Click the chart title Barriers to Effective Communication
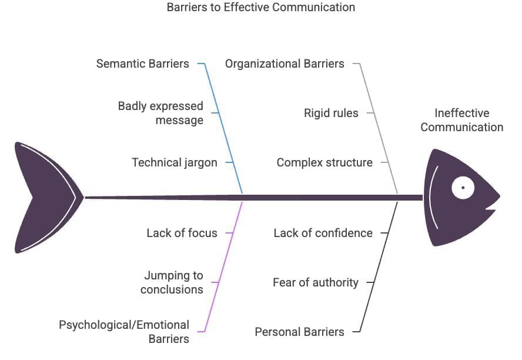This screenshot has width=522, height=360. [x=261, y=8]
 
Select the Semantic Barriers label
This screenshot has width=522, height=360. [x=143, y=64]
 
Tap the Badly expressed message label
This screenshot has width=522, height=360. [x=160, y=113]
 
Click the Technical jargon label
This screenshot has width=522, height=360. [x=175, y=162]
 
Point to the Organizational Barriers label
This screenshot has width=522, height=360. [x=285, y=64]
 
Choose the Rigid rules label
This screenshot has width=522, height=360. [x=331, y=113]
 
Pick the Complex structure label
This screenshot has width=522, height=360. [x=324, y=162]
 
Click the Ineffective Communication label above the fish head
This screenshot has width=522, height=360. [x=461, y=120]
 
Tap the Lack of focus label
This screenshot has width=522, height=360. [x=182, y=233]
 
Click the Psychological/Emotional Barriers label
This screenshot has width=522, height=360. [x=124, y=332]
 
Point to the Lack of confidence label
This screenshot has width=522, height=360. [x=323, y=233]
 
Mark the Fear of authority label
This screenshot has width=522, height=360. [x=315, y=282]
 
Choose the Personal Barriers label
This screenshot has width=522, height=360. [x=299, y=332]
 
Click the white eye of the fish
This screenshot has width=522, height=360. [x=463, y=188]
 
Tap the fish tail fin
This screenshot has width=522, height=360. [x=41, y=198]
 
